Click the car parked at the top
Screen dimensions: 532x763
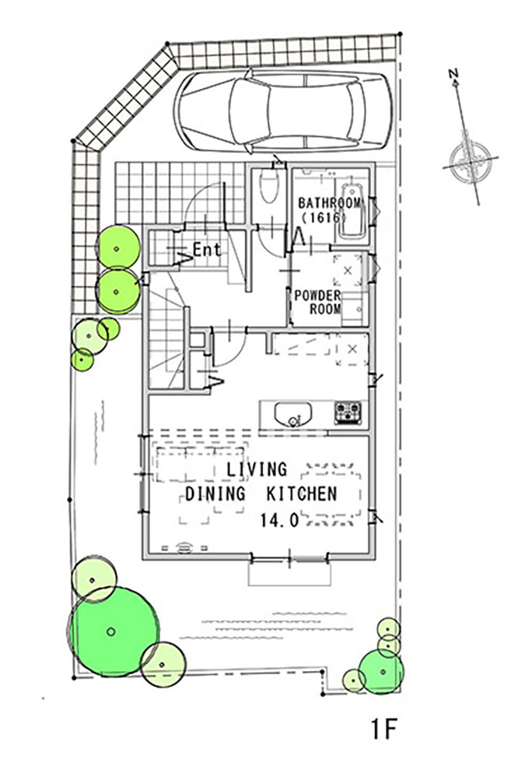(282, 111)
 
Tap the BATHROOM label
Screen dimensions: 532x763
(331, 203)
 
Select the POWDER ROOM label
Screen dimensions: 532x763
(318, 302)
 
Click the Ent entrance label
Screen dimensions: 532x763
(207, 250)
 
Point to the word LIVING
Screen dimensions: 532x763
(256, 469)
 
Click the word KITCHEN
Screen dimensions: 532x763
(302, 494)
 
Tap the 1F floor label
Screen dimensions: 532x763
(384, 730)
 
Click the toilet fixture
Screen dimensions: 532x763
(269, 185)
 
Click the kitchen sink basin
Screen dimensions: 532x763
(292, 414)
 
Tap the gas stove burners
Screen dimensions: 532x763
(348, 413)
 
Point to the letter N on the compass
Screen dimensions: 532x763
(453, 74)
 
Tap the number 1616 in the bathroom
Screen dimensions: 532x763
(324, 217)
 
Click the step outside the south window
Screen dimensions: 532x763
(290, 575)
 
